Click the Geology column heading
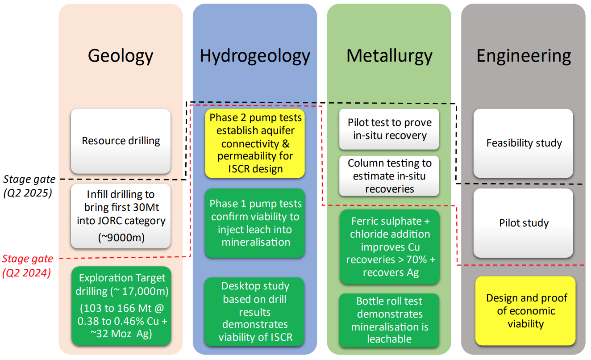[x=121, y=56]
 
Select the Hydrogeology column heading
[x=254, y=56]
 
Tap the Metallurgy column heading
[x=389, y=56]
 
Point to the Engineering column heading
[x=524, y=56]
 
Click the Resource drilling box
[x=121, y=141]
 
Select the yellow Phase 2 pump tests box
[x=255, y=143]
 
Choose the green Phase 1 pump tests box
[x=255, y=223]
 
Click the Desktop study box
[x=255, y=311]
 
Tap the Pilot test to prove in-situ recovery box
[x=389, y=129]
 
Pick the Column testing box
[x=389, y=176]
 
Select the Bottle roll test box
[x=389, y=320]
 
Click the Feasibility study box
[x=524, y=143]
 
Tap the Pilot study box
[x=524, y=223]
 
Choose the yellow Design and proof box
[x=525, y=311]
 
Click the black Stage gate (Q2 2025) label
[x=29, y=186]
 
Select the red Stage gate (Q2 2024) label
[x=28, y=265]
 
